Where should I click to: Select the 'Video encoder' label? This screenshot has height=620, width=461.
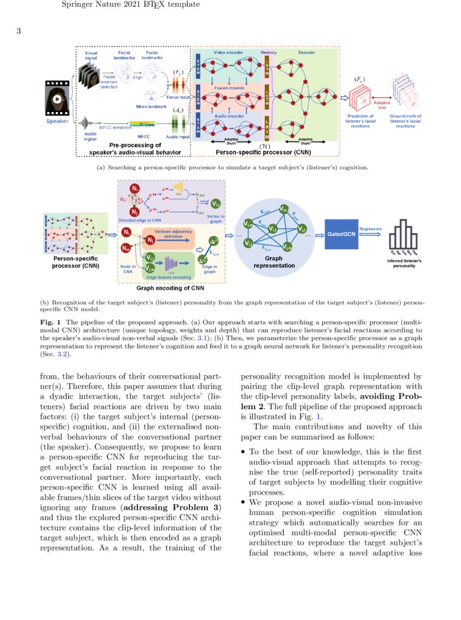point(228,53)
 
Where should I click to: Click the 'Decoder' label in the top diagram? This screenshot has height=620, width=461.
point(306,53)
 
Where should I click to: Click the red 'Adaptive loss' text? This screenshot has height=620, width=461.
point(382,105)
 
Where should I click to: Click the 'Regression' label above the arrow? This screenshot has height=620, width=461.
point(370,229)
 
